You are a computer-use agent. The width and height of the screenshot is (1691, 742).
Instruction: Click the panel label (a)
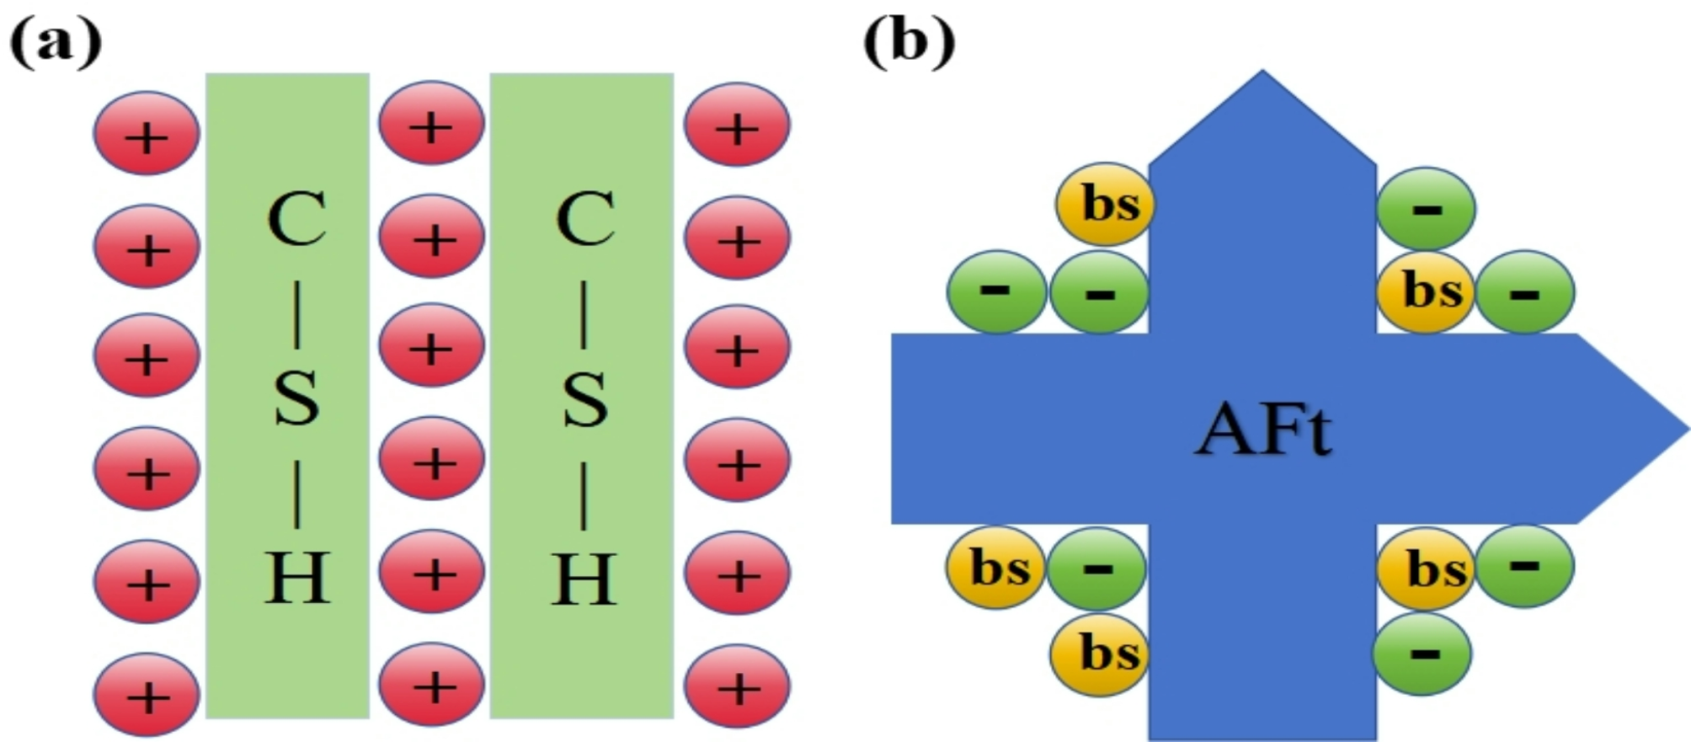56,42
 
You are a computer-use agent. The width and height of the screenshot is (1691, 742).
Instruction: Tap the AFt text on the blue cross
1262,430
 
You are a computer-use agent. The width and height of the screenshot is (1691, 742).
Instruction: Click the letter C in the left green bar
296,218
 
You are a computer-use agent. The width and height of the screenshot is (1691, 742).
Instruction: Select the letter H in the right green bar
584,579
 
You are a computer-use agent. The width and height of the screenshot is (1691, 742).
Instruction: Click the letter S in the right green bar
584,398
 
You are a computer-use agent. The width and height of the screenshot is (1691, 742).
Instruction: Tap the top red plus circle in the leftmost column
147,134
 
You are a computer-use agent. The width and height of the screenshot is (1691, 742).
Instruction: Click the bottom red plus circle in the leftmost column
147,695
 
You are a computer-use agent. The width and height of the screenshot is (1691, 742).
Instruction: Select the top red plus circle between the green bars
431,124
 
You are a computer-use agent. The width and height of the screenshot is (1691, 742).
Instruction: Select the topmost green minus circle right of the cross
1426,208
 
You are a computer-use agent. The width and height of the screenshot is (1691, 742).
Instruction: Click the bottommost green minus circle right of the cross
1422,653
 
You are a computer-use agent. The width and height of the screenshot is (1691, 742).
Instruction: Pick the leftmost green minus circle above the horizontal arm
996,291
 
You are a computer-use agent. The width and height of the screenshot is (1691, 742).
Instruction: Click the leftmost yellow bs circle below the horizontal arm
996,567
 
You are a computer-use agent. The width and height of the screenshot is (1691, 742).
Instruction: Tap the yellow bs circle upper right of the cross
1426,291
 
